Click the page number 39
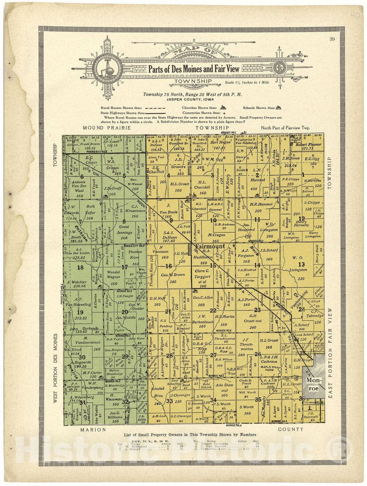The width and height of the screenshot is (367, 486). pyautogui.click(x=332, y=39)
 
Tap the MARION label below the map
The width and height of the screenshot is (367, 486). pyautogui.click(x=93, y=430)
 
